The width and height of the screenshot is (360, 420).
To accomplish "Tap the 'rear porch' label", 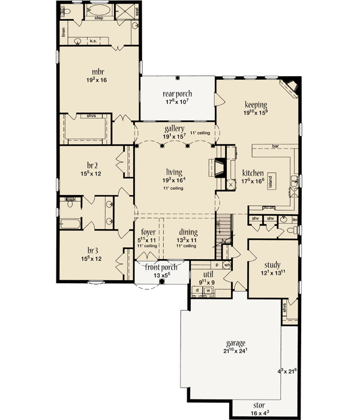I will tap(178, 94).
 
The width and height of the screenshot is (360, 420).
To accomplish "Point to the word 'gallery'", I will tap(173, 129).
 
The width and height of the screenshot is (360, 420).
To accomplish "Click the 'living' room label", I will tap(175, 172).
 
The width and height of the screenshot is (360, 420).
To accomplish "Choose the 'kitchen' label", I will tap(255, 172).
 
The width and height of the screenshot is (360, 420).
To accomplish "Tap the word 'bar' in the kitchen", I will tap(277, 146).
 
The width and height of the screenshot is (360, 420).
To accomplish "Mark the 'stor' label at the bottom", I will tap(256, 406).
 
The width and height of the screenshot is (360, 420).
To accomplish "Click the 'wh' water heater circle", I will tap(227, 264).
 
